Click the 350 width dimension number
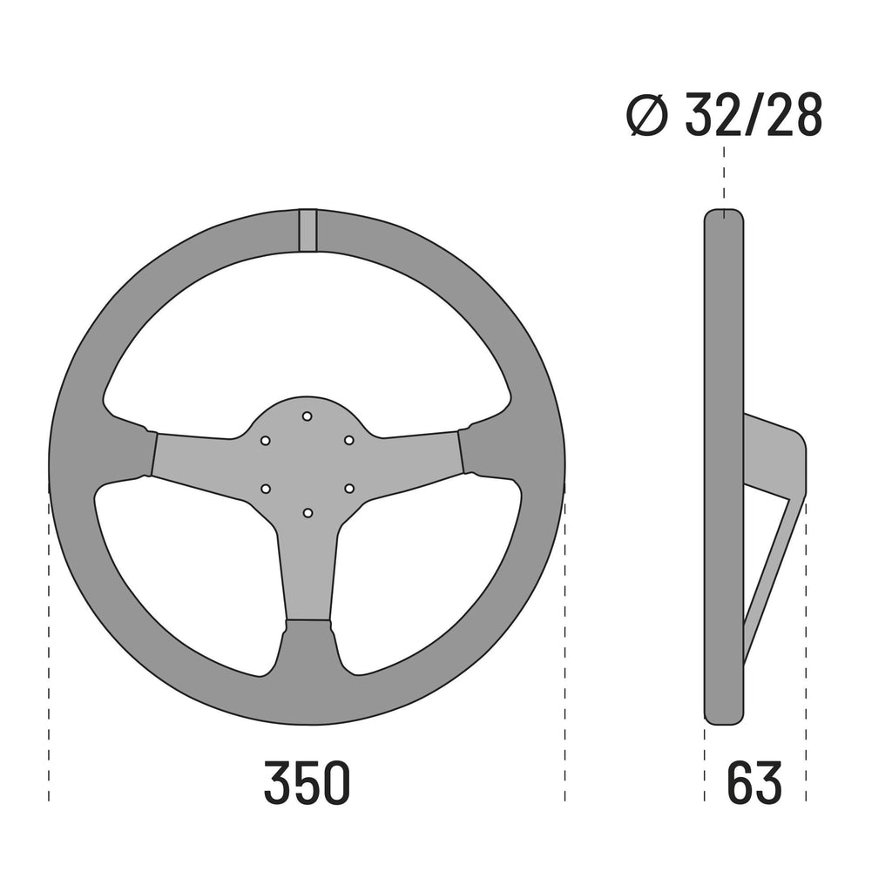(307, 782)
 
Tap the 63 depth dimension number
(754, 782)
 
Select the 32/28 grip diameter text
(753, 116)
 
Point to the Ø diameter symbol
(648, 117)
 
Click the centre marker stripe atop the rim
(307, 230)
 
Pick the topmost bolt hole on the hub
(307, 416)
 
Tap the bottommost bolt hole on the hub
(307, 512)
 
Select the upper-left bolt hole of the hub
(266, 441)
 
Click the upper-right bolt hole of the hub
(348, 441)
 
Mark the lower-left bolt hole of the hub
(266, 489)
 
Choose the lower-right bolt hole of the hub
(348, 489)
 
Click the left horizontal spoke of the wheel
(196, 458)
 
